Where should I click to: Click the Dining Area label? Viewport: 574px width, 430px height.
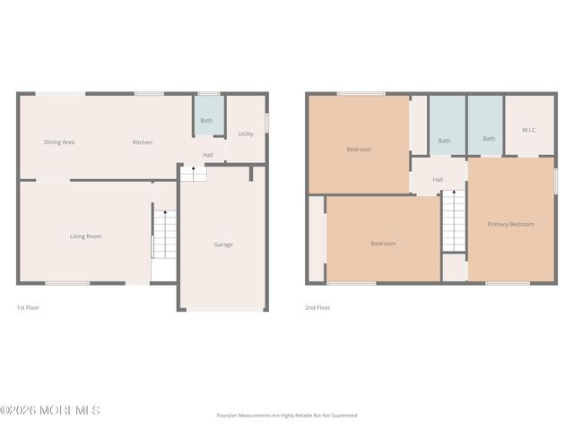pos(59,142)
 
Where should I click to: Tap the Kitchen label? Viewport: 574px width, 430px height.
pos(143,142)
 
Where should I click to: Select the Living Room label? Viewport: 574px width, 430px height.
pos(86,236)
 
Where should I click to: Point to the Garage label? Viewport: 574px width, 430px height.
pos(223,245)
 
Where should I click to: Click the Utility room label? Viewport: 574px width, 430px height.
pos(246,134)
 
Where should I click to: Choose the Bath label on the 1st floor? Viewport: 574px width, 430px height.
pos(206,121)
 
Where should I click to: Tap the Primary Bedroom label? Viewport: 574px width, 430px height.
pos(510,224)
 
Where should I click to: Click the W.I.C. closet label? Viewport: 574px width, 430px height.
pos(529,130)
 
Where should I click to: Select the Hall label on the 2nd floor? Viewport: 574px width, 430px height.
pos(438,180)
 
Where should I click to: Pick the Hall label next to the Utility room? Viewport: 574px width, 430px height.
pos(208,155)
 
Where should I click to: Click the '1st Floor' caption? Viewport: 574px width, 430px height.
pos(28,307)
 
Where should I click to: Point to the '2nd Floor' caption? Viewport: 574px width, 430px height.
pos(317,307)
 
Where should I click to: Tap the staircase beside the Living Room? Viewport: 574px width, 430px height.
pos(163,235)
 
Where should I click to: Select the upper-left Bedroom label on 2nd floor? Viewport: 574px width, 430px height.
pos(359,150)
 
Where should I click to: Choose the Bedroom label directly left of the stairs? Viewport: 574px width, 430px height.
pos(383,244)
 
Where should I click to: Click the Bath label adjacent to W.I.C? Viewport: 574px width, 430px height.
pos(489,139)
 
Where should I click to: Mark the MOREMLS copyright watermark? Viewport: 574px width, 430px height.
pos(50,410)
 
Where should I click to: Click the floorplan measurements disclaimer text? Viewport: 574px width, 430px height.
pos(287,416)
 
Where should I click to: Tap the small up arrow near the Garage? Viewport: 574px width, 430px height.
pos(195,168)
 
